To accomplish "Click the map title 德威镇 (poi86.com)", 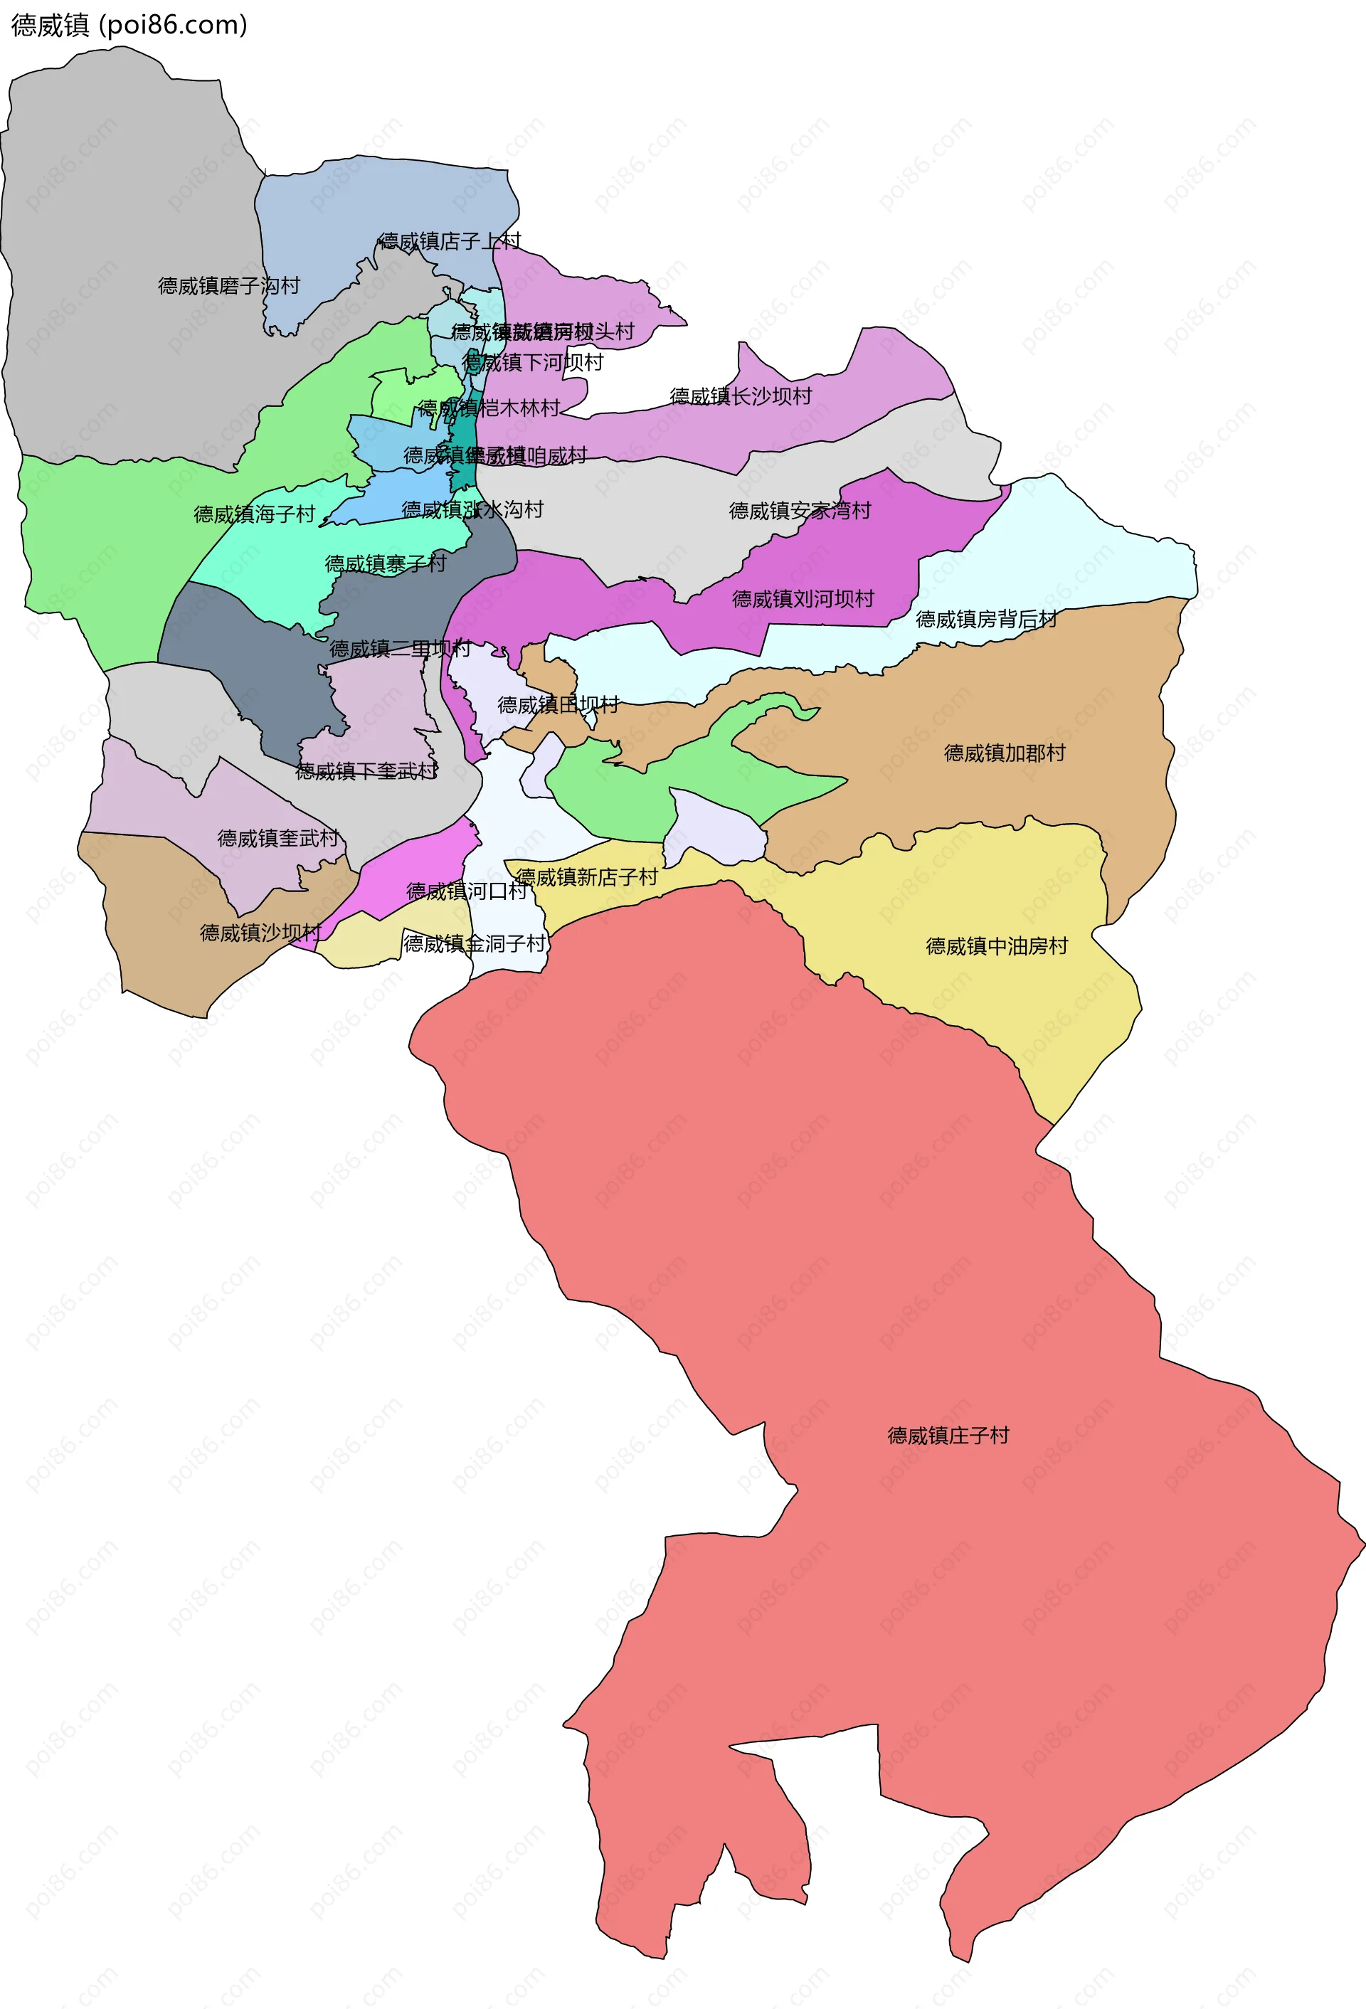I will click(x=129, y=25).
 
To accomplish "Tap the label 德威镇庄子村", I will click(x=948, y=1436).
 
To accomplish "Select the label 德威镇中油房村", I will click(x=997, y=947).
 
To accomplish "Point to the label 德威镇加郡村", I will click(x=1005, y=753).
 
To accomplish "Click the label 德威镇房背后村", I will click(x=987, y=619).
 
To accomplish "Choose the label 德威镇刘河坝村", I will click(x=803, y=599).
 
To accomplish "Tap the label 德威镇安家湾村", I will click(x=800, y=511).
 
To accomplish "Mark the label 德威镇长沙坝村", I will click(x=741, y=396).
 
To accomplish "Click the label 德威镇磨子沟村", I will click(x=229, y=285).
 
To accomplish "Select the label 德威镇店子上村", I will click(x=450, y=241).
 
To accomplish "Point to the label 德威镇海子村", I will click(x=254, y=514).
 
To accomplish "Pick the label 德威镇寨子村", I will click(x=386, y=563).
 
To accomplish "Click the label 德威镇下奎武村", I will click(x=366, y=771).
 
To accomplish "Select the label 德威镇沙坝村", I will click(x=261, y=933).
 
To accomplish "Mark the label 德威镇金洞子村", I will click(x=475, y=943).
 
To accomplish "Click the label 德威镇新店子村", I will click(x=587, y=877).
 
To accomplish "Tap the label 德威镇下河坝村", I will click(x=534, y=362).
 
